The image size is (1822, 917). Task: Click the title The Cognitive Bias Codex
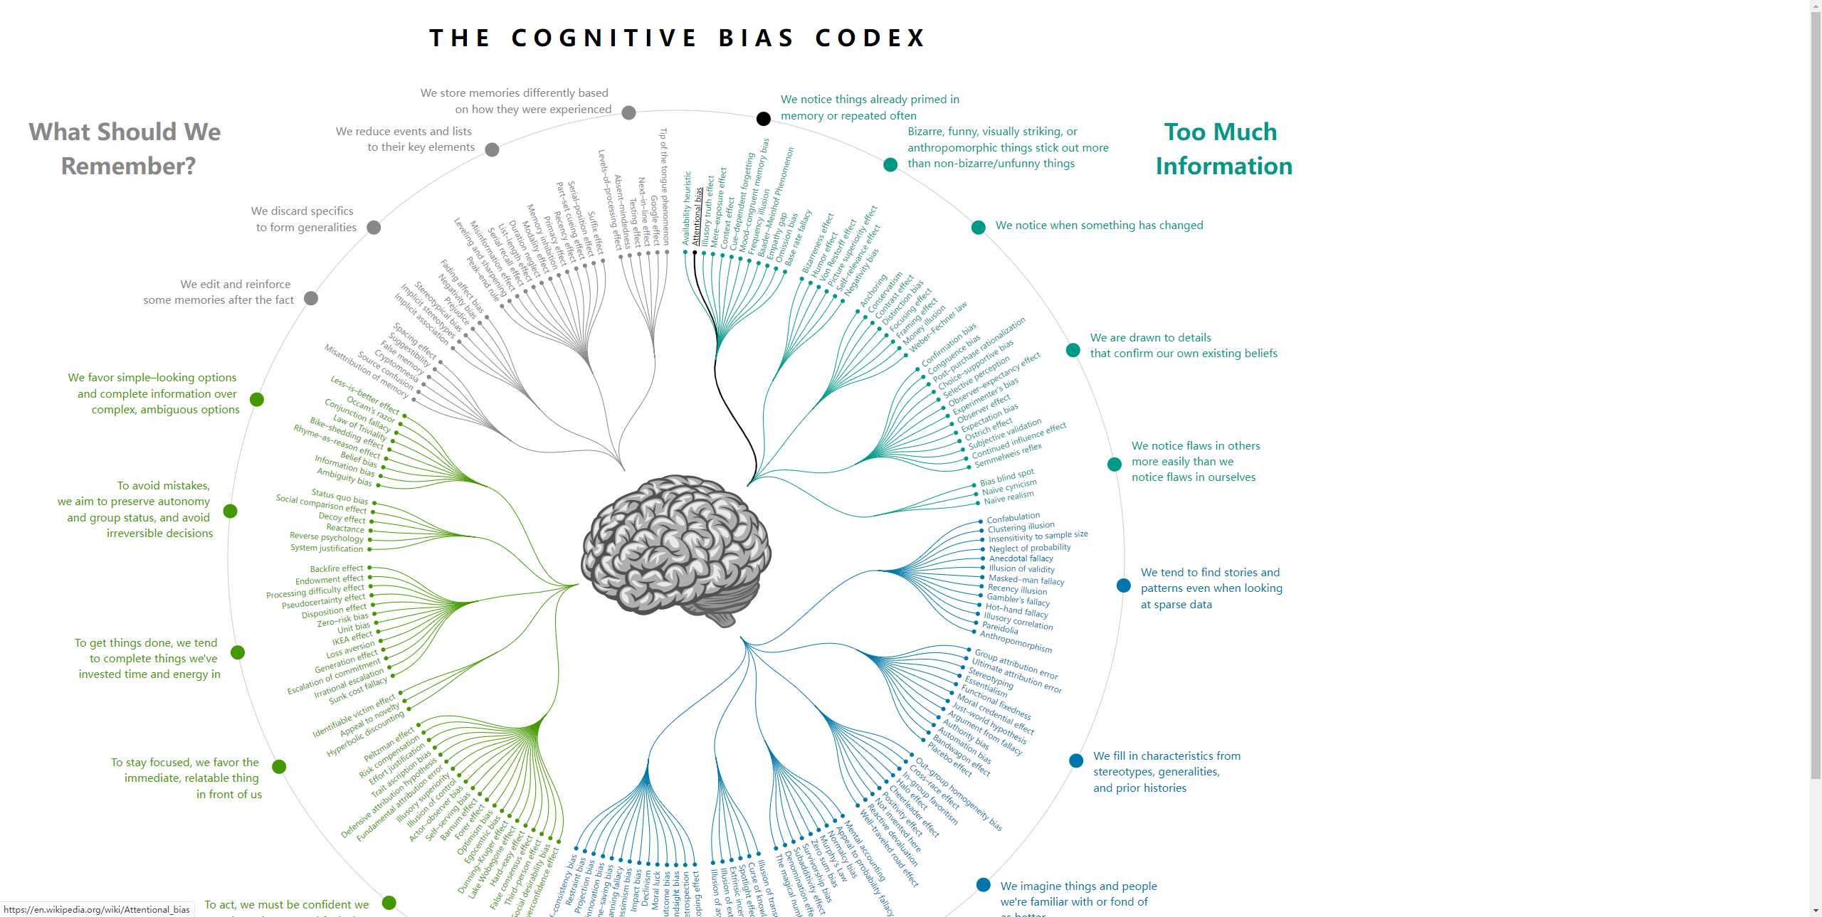(678, 38)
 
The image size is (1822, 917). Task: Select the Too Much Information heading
(1223, 149)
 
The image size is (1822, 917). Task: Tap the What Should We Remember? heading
(126, 149)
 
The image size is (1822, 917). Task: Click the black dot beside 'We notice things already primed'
(763, 118)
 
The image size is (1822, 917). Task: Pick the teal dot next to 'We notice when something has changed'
(979, 227)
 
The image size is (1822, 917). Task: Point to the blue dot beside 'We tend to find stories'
(1124, 585)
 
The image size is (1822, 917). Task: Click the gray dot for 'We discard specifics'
(374, 228)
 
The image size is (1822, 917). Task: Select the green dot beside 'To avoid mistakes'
(230, 511)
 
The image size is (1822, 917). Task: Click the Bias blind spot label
(1006, 477)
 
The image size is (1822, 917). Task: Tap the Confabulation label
(1013, 518)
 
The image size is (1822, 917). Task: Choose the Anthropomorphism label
(1016, 641)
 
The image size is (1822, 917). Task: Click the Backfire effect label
(337, 568)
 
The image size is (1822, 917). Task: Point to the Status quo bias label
(340, 496)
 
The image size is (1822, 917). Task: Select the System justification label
(327, 548)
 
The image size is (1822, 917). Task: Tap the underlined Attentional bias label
(698, 216)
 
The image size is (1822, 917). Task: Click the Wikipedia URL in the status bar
(97, 909)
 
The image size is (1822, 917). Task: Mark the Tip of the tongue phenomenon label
(665, 186)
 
